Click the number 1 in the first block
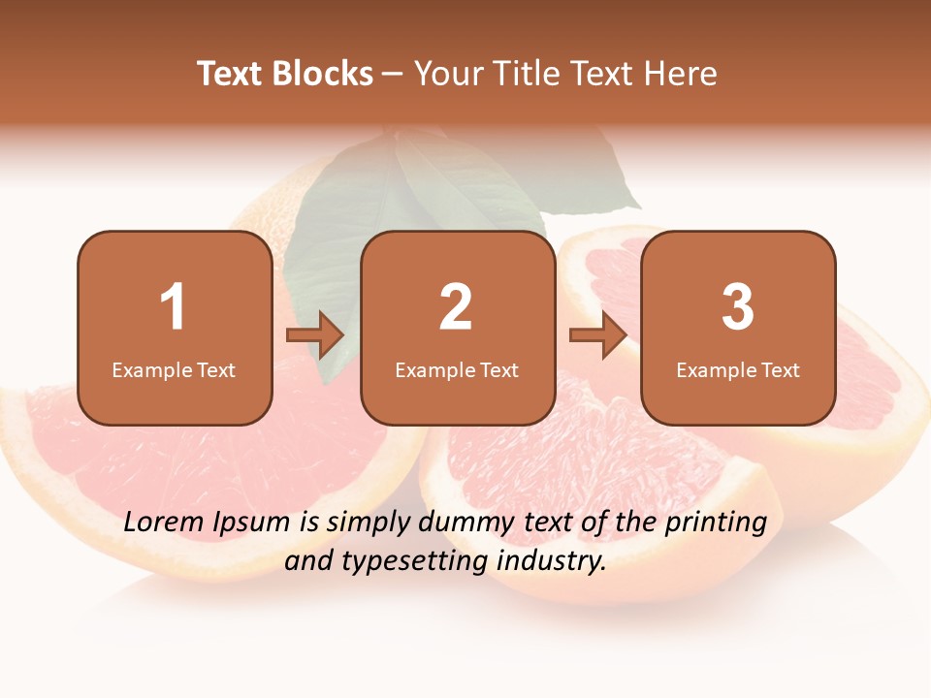coord(173,307)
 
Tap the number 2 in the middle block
coord(456,307)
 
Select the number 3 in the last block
coord(738,307)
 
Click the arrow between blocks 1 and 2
coord(315,335)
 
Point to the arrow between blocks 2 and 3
coord(598,335)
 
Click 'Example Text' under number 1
coord(174,370)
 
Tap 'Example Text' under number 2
coord(457,370)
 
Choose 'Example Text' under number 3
coord(738,370)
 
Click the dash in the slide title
coord(393,75)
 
